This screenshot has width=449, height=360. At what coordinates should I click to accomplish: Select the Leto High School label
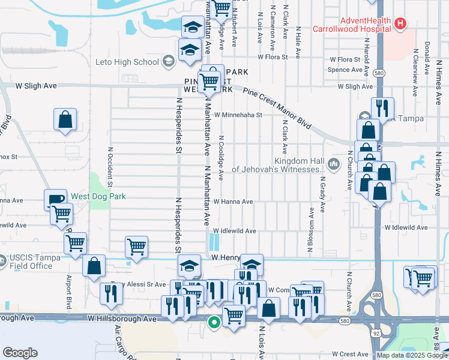pyautogui.click(x=127, y=61)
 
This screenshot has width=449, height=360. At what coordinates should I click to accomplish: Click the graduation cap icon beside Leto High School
pyautogui.click(x=169, y=61)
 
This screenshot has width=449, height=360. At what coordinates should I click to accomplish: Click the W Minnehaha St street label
pyautogui.click(x=238, y=115)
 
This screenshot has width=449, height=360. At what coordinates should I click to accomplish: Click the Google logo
pyautogui.click(x=20, y=353)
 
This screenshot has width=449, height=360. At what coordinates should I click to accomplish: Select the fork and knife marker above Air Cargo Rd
pyautogui.click(x=112, y=292)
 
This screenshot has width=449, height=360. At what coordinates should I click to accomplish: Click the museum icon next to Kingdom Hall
pyautogui.click(x=334, y=163)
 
